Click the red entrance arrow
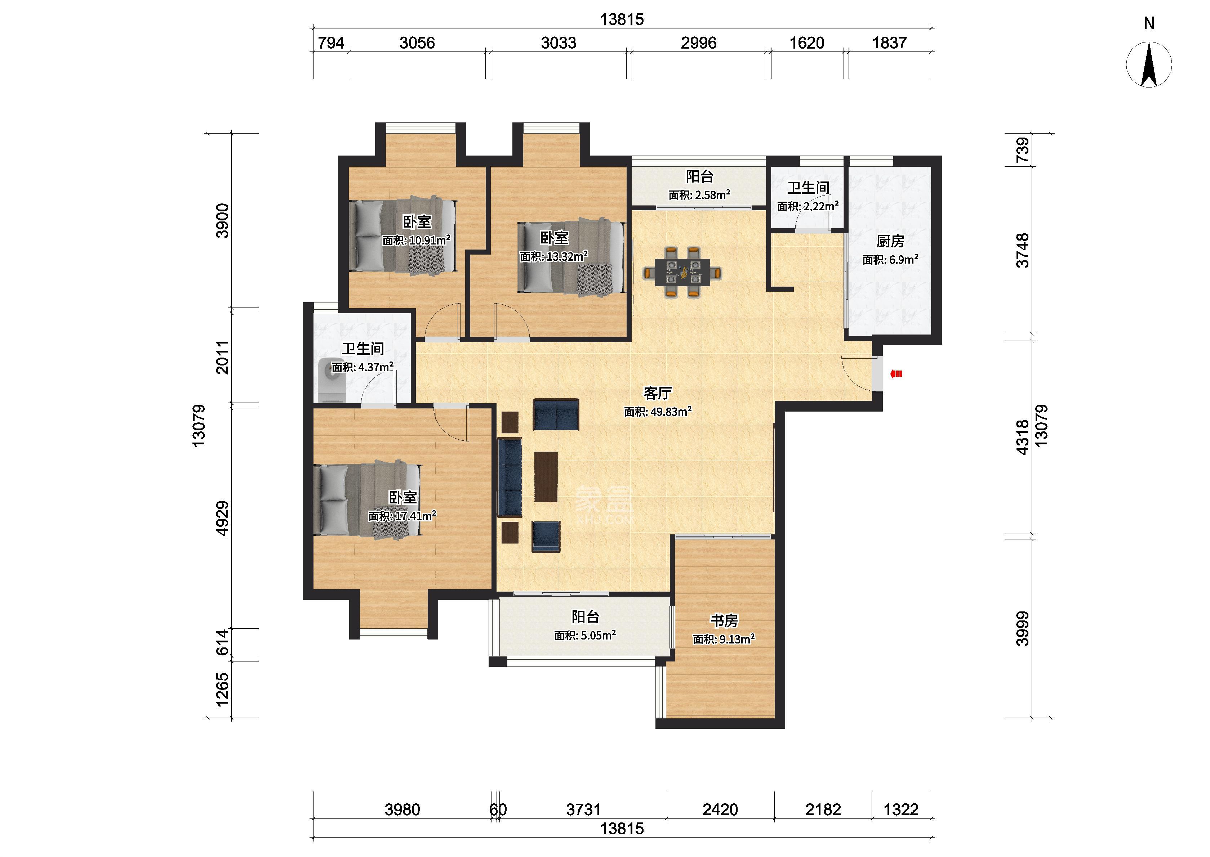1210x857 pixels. [x=896, y=374]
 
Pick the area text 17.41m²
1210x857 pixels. [x=415, y=516]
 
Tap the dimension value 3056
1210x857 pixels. [x=417, y=43]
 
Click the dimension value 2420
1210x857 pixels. [x=720, y=809]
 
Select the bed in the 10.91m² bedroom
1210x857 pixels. [x=402, y=235]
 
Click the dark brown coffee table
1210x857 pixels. [x=546, y=476]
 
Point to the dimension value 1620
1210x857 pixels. [x=807, y=43]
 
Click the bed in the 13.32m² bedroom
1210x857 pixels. [x=571, y=257]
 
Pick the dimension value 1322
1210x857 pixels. [x=901, y=809]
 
